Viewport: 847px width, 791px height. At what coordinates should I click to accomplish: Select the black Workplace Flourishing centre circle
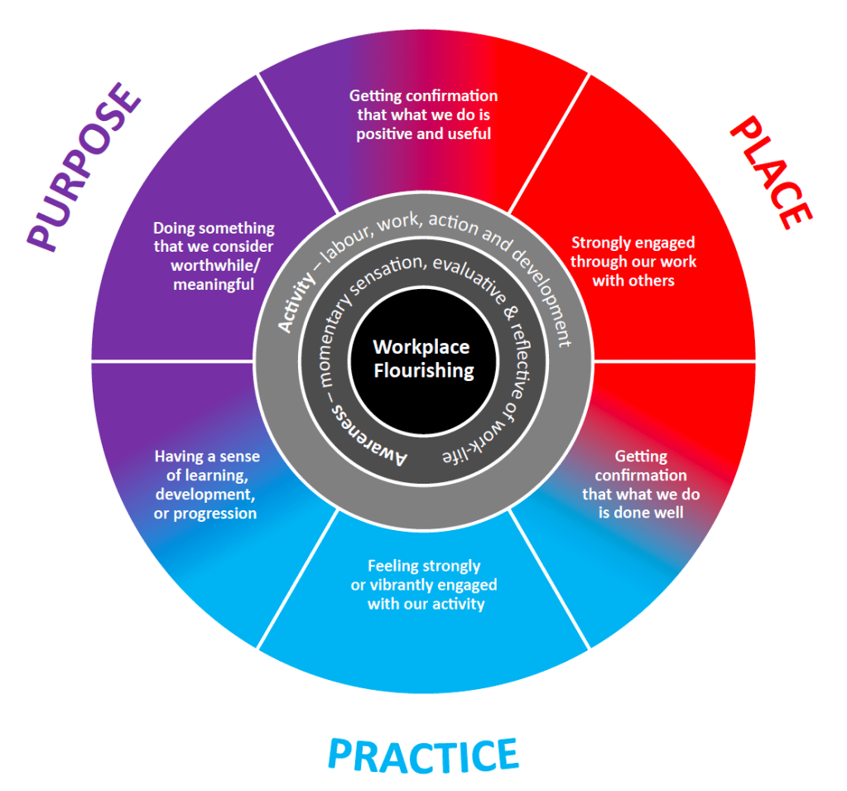point(423,359)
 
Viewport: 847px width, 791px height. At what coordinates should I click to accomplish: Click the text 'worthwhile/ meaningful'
point(212,275)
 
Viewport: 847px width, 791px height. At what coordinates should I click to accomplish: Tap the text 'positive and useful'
point(423,133)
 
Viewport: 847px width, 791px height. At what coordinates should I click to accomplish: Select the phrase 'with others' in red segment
point(633,280)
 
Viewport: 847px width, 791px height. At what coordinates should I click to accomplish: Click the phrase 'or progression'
point(205,514)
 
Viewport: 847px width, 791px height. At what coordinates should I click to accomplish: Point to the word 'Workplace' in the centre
point(421,347)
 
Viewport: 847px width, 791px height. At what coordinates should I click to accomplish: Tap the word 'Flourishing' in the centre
point(423,370)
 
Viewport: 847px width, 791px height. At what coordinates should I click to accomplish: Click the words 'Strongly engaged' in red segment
point(633,243)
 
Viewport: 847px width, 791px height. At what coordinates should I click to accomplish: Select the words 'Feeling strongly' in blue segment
point(423,567)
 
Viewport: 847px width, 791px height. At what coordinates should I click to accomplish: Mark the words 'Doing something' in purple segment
point(214,229)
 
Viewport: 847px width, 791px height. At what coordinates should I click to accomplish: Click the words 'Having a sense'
point(207,456)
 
